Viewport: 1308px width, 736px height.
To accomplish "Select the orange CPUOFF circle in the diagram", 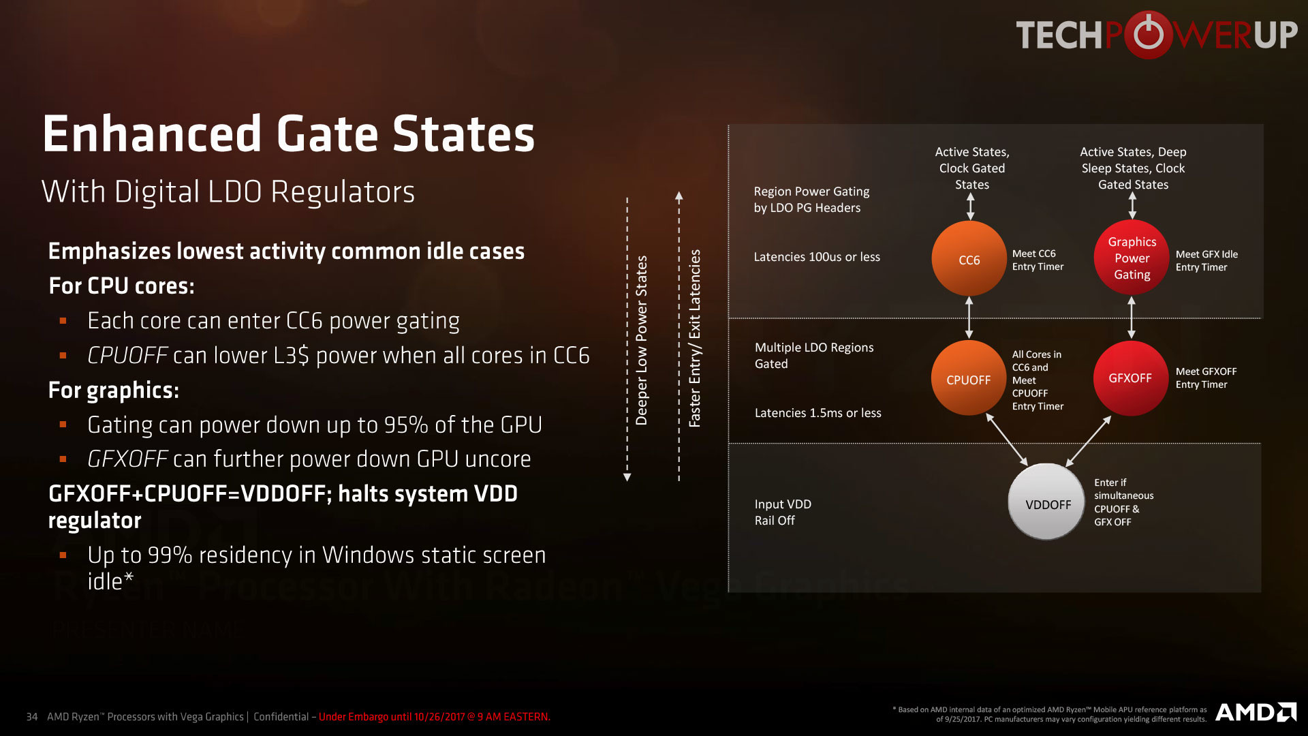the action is [x=969, y=378].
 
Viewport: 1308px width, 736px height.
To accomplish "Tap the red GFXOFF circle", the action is [x=1131, y=378].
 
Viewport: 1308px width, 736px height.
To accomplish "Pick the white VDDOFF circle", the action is [x=1046, y=502].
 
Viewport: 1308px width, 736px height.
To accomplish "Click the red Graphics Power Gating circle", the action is [x=1132, y=258].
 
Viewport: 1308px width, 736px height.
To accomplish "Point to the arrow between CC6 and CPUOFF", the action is [x=969, y=318].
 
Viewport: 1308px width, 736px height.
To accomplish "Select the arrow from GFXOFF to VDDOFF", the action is [x=1089, y=441].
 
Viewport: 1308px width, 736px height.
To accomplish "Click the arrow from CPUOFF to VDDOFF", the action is [x=1007, y=440].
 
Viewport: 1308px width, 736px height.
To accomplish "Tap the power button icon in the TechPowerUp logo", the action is [x=1149, y=34].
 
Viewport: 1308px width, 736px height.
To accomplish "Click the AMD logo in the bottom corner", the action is [x=1256, y=712].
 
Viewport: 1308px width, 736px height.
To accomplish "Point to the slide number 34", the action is [x=32, y=717].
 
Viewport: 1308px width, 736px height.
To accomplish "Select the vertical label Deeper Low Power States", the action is [x=641, y=340].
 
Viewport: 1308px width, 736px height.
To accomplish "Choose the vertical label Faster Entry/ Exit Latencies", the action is [x=694, y=338].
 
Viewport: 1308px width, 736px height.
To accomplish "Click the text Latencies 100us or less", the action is [x=817, y=257].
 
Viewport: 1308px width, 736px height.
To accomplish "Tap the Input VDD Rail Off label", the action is [x=783, y=512].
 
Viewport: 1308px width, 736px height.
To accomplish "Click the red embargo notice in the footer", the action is [x=435, y=717].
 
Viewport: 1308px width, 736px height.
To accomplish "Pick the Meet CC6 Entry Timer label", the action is [x=1038, y=260].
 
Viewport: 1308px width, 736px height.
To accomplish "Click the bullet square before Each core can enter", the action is [x=63, y=320].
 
